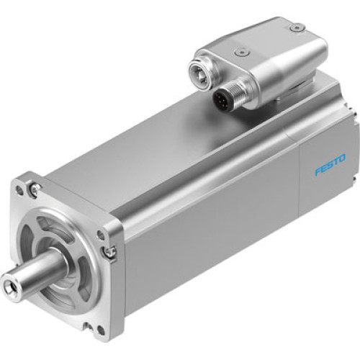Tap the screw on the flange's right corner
(x=109, y=251)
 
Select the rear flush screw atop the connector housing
(x=296, y=27)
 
